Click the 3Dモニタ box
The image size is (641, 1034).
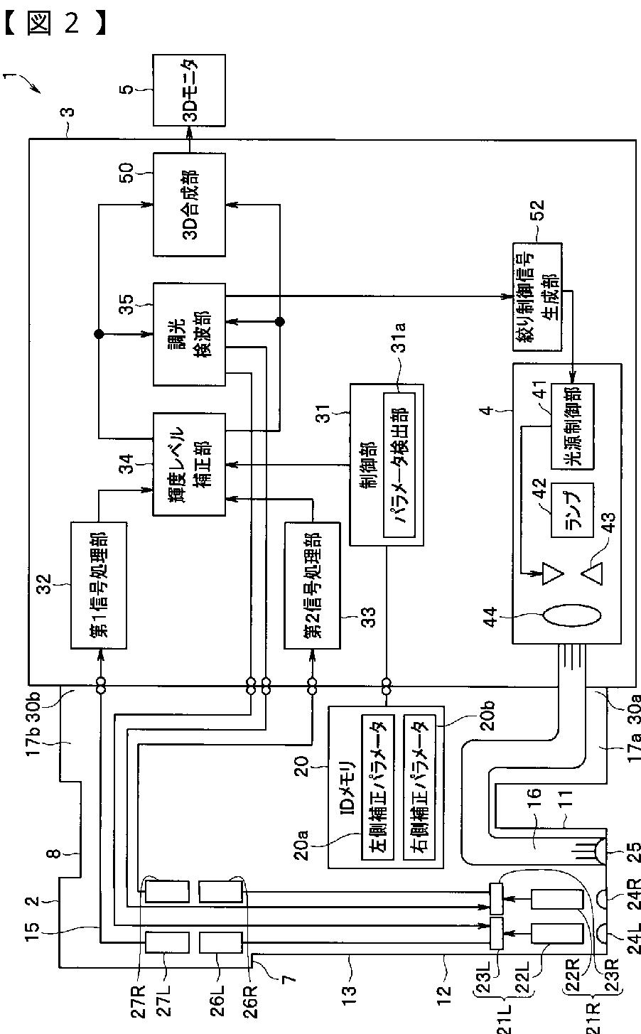189,90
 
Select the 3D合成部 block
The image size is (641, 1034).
189,205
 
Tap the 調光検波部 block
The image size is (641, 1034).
189,334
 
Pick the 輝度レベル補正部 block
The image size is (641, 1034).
189,464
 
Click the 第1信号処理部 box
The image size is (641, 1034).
99,586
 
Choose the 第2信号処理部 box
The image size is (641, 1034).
312,586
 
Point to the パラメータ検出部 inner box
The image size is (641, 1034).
399,465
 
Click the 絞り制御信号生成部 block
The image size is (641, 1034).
537,297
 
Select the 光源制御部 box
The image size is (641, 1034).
572,426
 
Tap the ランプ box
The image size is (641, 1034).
572,510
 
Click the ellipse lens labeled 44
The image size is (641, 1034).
571,616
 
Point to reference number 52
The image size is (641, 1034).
538,211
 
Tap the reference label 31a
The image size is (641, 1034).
399,338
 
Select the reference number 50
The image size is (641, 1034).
126,173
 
